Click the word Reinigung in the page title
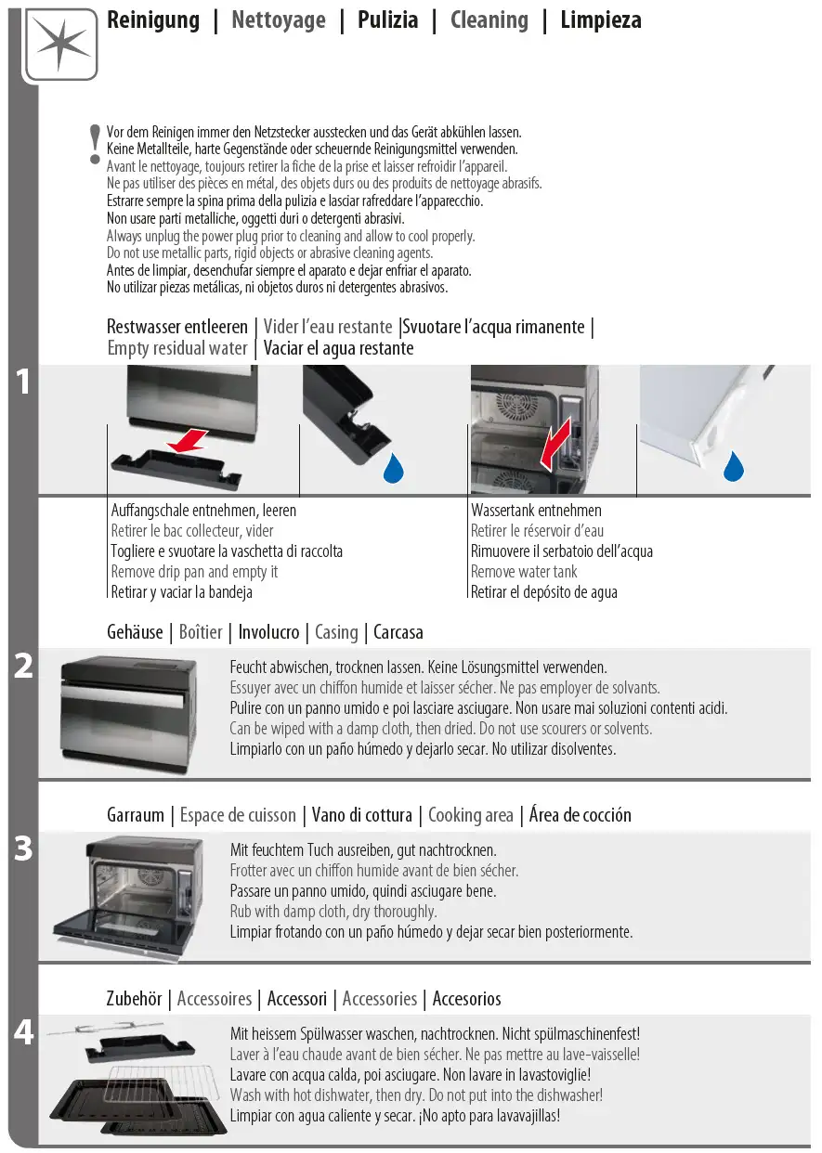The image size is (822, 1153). coord(153,20)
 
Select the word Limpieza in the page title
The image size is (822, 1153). coord(600,20)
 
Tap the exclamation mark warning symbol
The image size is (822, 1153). coord(94,145)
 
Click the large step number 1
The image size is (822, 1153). coord(24,382)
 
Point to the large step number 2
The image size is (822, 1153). coord(24,666)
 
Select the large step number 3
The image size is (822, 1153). coord(24,849)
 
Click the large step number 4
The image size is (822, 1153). coord(24,1031)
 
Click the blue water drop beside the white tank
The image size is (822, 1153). coord(734,467)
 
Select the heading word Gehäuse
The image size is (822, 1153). coord(135,632)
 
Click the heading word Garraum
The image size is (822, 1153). coord(136,815)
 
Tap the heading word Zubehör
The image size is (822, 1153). coord(137,999)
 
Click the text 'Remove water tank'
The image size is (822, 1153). coord(524,572)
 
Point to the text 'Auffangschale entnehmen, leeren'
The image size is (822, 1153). coord(203,511)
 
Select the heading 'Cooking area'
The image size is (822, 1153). coord(470,815)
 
